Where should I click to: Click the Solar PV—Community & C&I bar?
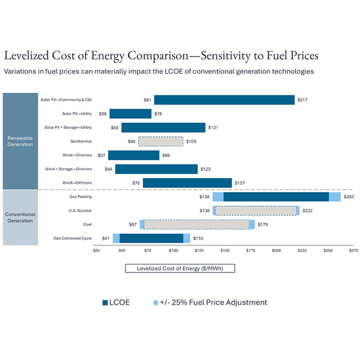point(224,100)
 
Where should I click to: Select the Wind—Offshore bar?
point(187,182)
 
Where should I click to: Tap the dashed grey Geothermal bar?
point(161,142)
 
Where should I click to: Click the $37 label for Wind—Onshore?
point(102,155)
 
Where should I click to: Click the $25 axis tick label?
point(97,251)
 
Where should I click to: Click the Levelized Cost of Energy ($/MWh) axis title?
point(180,268)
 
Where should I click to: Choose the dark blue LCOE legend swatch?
point(104,302)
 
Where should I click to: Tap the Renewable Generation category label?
point(20,141)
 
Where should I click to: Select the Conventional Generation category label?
point(20,217)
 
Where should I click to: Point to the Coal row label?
point(87,224)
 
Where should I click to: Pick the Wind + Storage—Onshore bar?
point(157,169)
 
